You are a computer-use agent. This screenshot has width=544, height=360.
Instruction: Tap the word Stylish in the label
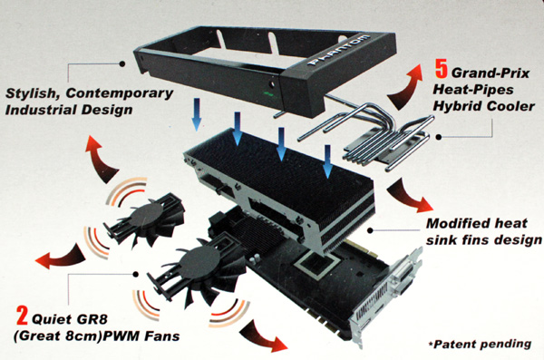(x=33, y=93)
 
